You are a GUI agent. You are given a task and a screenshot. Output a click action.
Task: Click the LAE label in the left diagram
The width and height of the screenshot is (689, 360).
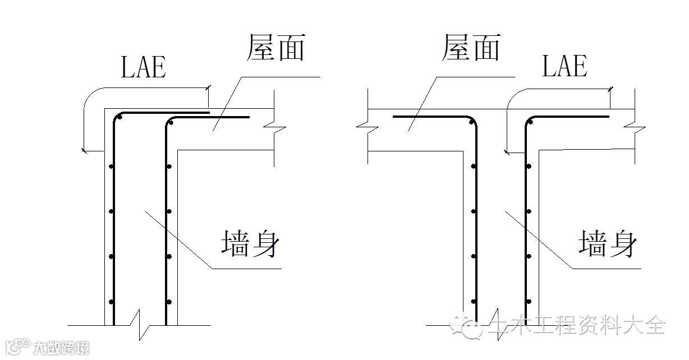(144, 67)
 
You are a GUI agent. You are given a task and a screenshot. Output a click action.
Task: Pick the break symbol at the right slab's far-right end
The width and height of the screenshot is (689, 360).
(637, 130)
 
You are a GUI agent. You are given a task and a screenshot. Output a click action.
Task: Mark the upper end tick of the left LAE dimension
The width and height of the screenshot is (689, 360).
(208, 87)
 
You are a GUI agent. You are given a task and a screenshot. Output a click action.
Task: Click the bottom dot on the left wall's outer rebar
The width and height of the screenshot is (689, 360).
(111, 302)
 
